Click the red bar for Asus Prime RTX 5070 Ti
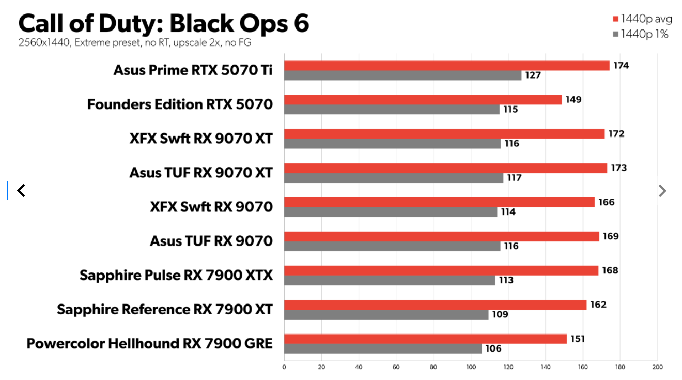click(x=447, y=66)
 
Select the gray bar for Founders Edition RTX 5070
click(x=392, y=110)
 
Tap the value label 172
click(x=616, y=134)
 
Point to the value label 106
click(x=493, y=348)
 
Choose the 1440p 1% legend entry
click(x=640, y=34)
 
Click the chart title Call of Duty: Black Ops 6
click(x=164, y=23)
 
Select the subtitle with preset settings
click(x=135, y=43)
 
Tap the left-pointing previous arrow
click(x=21, y=191)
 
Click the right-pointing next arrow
click(x=662, y=191)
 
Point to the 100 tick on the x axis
click(x=471, y=367)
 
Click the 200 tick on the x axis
click(x=657, y=367)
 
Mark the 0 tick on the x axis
click(x=284, y=367)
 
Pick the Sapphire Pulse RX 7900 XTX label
click(x=176, y=275)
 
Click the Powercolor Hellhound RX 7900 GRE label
click(x=149, y=343)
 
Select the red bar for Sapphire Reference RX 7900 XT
click(x=435, y=305)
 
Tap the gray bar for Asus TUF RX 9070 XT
click(x=393, y=178)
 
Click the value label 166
click(x=606, y=202)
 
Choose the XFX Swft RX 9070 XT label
click(x=201, y=139)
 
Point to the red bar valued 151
click(x=425, y=339)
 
